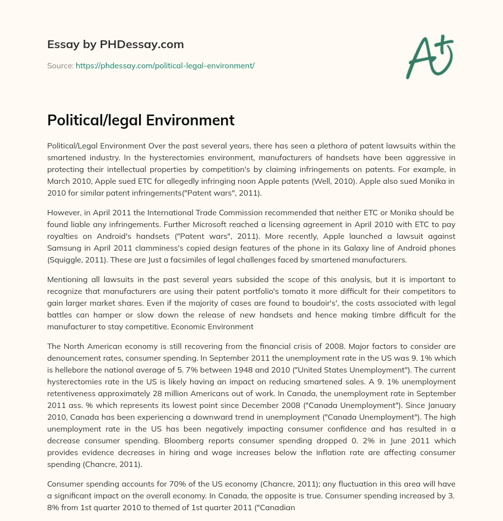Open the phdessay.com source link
coord(165,65)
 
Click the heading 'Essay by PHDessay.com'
coord(115,45)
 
